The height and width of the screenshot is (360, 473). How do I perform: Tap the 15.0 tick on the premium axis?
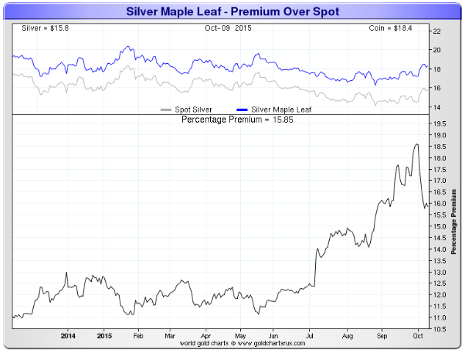[438, 226]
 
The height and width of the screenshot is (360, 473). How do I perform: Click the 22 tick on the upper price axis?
[436, 31]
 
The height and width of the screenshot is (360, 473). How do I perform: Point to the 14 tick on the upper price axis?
[436, 107]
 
